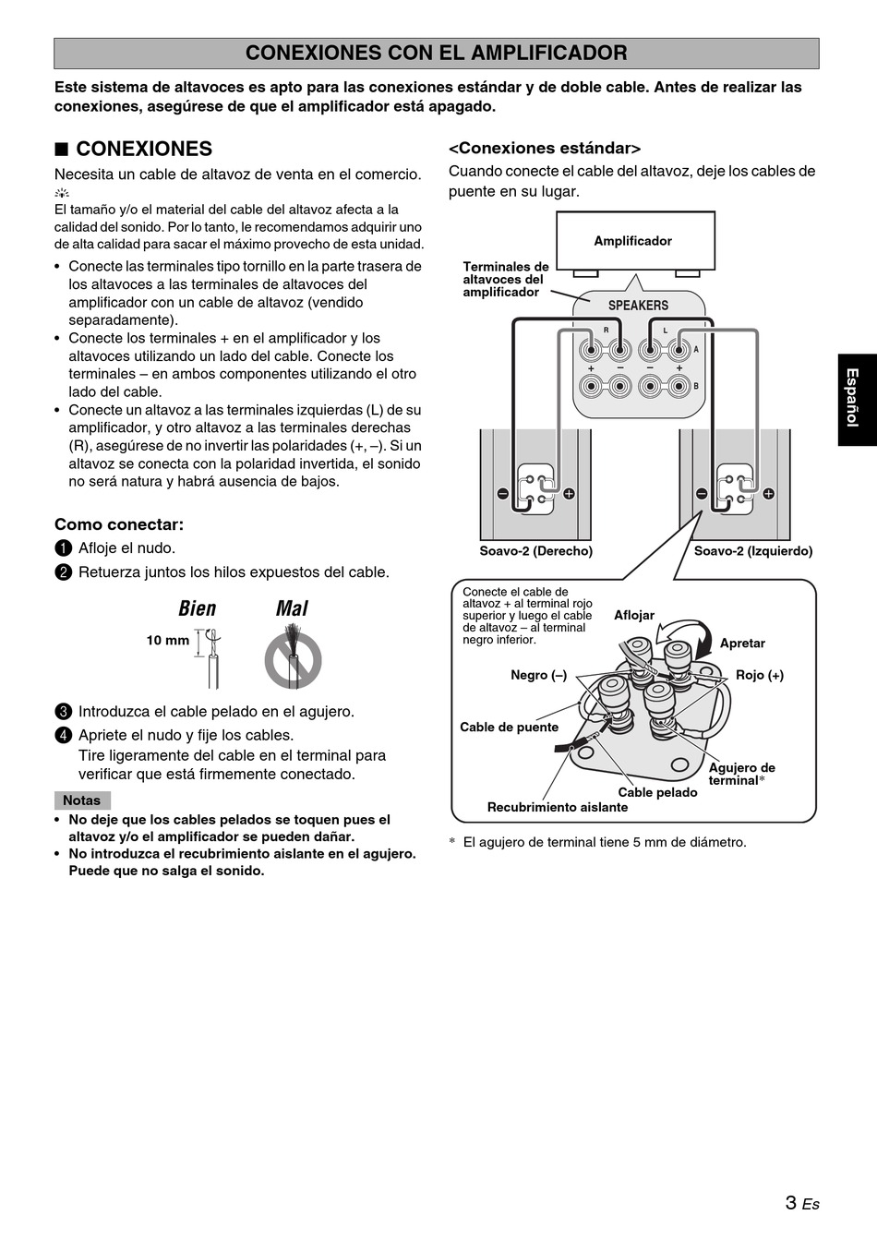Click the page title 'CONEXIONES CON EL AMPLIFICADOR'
pyautogui.click(x=436, y=54)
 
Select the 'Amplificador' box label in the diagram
pyautogui.click(x=632, y=241)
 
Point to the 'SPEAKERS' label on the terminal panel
pyautogui.click(x=638, y=306)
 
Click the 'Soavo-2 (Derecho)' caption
pyautogui.click(x=535, y=551)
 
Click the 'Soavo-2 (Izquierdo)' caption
pyautogui.click(x=753, y=551)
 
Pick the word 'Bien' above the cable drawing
pyautogui.click(x=198, y=608)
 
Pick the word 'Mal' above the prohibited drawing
pyautogui.click(x=292, y=608)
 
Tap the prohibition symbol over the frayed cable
pyautogui.click(x=293, y=659)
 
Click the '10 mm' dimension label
pyautogui.click(x=167, y=640)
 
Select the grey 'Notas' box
pyautogui.click(x=82, y=800)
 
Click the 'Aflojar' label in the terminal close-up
pyautogui.click(x=634, y=616)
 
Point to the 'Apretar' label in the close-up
pyautogui.click(x=742, y=644)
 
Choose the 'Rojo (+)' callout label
pyautogui.click(x=760, y=675)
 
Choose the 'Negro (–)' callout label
pyautogui.click(x=538, y=675)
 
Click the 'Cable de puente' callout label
pyautogui.click(x=509, y=727)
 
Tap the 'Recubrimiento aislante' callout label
pyautogui.click(x=558, y=807)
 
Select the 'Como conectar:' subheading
pyautogui.click(x=119, y=524)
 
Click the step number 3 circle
pyautogui.click(x=63, y=712)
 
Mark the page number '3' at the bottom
pyautogui.click(x=791, y=1202)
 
